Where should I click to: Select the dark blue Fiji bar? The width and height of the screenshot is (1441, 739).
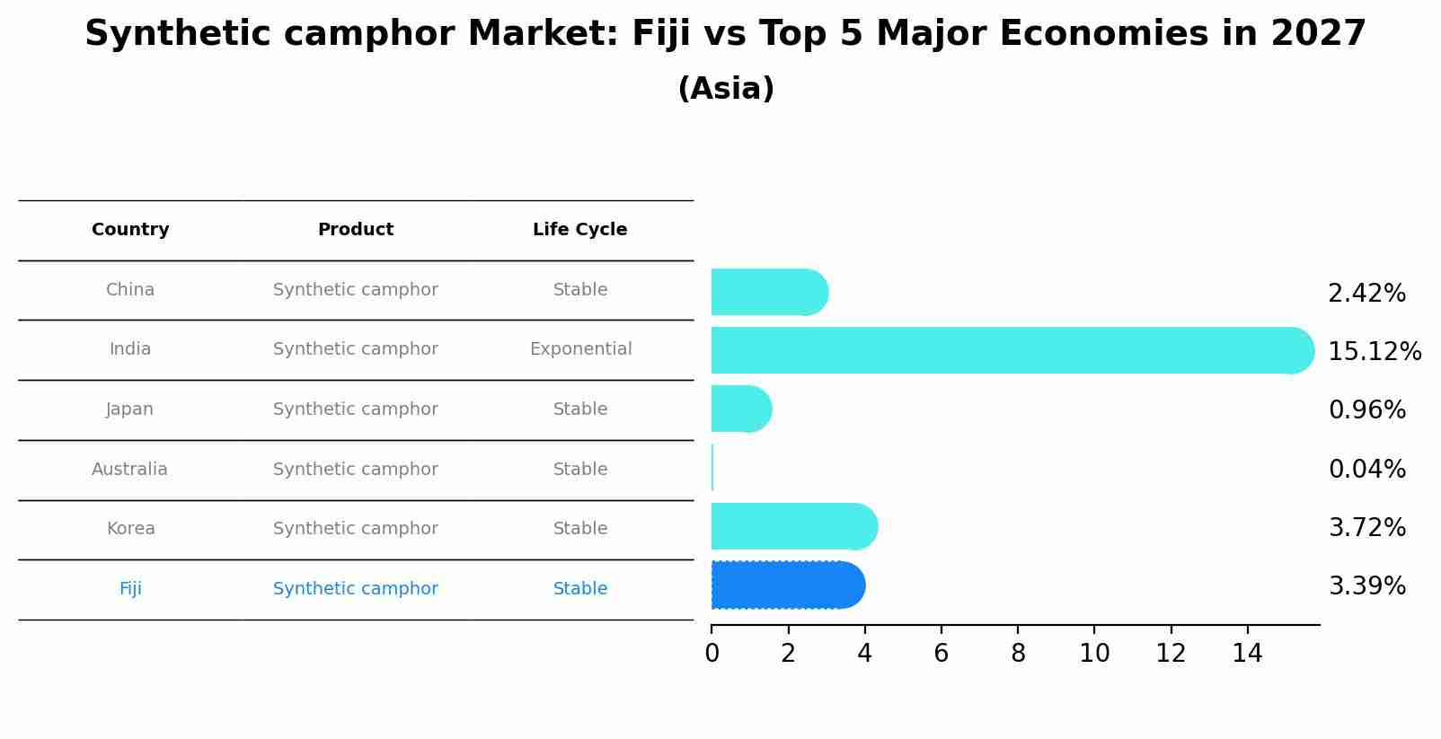786,585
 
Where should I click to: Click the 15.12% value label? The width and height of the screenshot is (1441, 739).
1374,351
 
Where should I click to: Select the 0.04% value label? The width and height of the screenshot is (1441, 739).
1366,469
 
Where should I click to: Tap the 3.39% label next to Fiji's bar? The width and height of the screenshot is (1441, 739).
1366,586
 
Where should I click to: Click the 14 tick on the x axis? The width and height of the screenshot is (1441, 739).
1247,654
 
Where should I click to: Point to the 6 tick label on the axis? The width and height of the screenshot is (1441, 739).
941,654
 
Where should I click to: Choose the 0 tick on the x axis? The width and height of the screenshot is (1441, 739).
712,654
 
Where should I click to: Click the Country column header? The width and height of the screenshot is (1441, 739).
130,230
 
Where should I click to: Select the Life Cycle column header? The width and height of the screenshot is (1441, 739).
579,230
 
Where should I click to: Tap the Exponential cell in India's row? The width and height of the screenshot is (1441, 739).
580,349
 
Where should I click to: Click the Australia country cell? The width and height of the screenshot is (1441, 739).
129,469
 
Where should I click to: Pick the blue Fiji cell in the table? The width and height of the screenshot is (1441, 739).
130,589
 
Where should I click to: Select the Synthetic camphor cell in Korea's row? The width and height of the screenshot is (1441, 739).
356,529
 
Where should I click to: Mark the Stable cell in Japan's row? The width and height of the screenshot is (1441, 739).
580,409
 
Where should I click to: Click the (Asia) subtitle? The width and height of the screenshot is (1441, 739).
726,89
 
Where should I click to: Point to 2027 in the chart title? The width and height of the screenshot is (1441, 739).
1318,34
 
